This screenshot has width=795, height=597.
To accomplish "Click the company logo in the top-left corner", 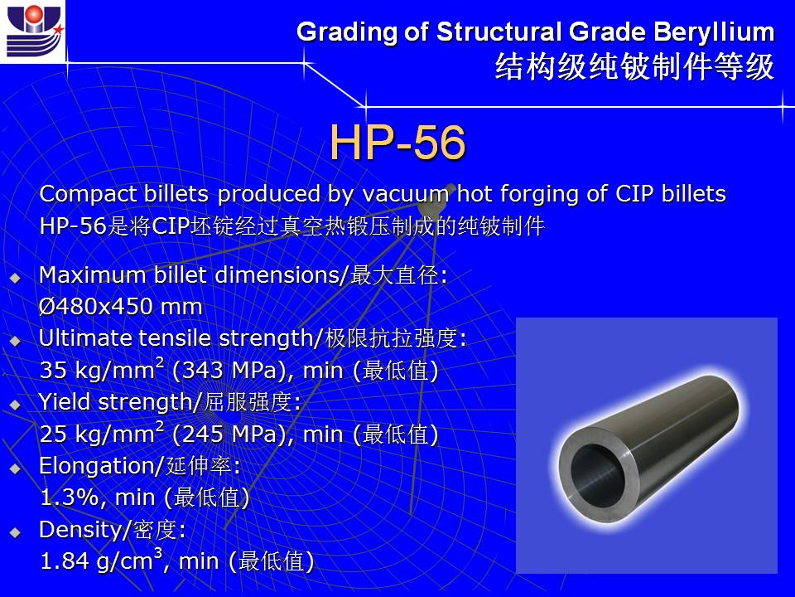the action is [33, 32].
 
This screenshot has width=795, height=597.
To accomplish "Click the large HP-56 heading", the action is [397, 142].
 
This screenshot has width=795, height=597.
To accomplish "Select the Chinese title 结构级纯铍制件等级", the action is [635, 66].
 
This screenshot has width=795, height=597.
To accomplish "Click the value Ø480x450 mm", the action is [121, 306].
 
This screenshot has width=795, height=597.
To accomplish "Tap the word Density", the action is [78, 530].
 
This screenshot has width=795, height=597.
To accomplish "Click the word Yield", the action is [65, 401].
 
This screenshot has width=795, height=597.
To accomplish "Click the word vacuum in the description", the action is [405, 194].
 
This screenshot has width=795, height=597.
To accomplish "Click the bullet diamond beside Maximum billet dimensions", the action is [15, 278].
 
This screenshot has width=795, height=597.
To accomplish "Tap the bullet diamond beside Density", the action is [15, 532].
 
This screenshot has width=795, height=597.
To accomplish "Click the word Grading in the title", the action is [347, 32].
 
